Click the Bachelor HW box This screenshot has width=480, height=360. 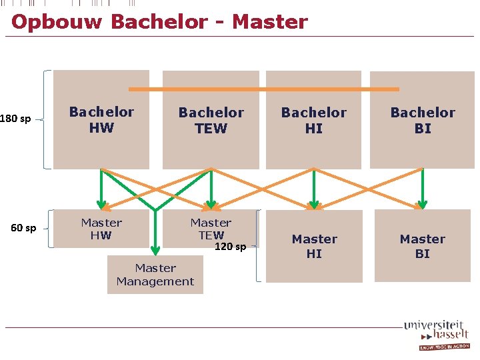tap(101, 120)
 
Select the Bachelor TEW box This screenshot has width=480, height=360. tap(211, 121)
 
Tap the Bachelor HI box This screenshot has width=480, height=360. tap(313, 121)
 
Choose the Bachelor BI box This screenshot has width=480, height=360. tap(423, 121)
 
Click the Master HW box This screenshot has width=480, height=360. tap(101, 229)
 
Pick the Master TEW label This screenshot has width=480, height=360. tap(211, 229)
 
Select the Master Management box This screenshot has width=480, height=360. tap(155, 275)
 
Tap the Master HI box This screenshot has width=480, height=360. tap(314, 246)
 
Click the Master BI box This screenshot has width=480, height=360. tap(423, 246)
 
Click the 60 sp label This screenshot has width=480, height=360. tap(24, 228)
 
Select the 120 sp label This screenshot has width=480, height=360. tap(230, 247)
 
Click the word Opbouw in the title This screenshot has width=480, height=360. tap(56, 21)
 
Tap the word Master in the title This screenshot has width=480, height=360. tap(269, 21)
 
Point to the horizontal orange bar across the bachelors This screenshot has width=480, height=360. tap(263, 89)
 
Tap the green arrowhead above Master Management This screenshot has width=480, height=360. tap(155, 249)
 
